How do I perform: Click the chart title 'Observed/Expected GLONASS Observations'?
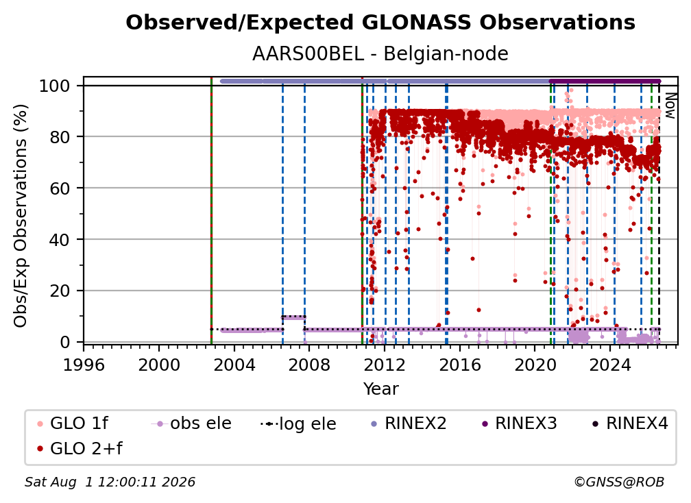[380, 23]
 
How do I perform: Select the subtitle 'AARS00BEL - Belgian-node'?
[380, 53]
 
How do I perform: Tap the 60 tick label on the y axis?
[60, 188]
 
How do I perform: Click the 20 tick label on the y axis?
[60, 291]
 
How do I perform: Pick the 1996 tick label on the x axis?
[84, 365]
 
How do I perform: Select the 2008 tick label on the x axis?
[309, 365]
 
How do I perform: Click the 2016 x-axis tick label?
[459, 365]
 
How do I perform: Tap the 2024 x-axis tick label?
[609, 365]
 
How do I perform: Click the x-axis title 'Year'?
[380, 389]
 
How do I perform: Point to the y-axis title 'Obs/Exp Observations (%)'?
[21, 216]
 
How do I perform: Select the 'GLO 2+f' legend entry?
[80, 448]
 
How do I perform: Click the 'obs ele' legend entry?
[191, 424]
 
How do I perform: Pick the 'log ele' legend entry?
[298, 424]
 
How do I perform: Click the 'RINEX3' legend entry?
[519, 424]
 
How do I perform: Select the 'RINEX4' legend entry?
[630, 424]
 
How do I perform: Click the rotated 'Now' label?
[670, 106]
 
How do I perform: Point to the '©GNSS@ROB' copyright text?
[619, 482]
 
